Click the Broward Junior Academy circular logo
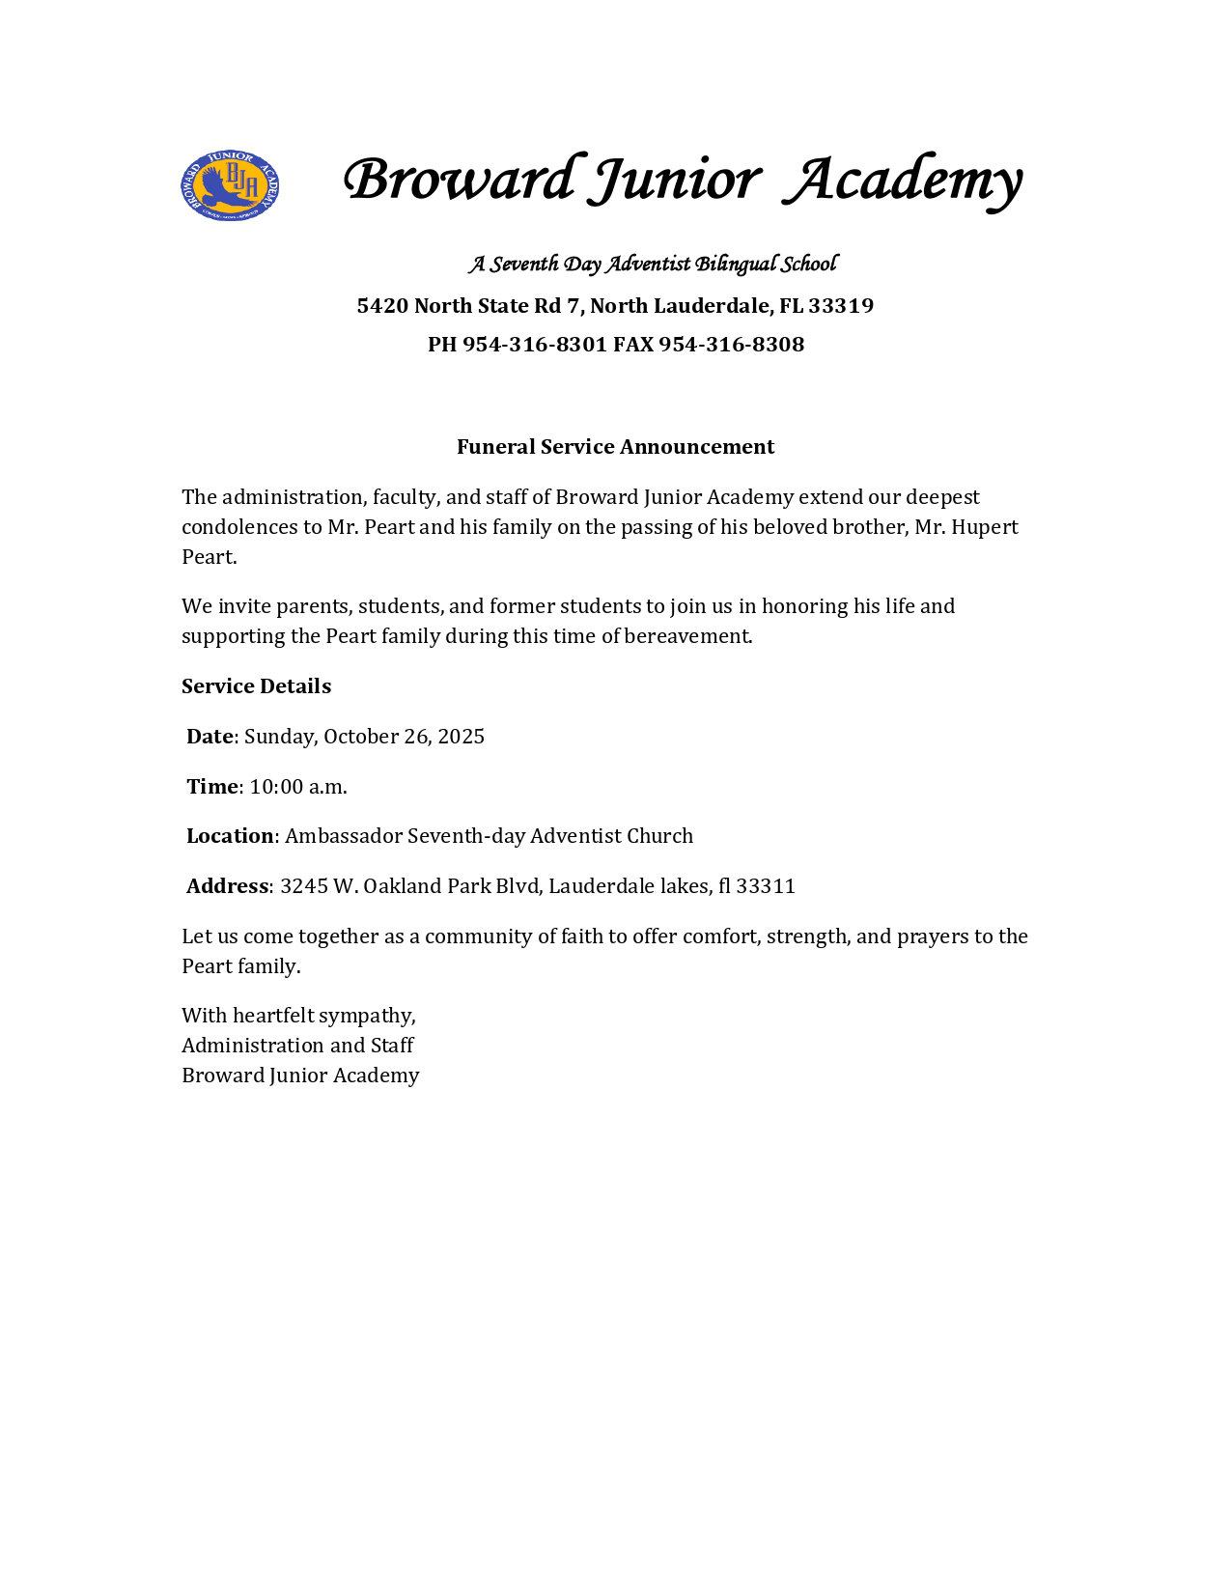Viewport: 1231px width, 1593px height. pos(230,185)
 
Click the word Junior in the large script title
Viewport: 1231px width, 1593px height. pos(676,181)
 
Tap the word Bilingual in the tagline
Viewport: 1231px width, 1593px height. pos(736,265)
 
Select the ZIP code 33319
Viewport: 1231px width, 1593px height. pos(841,306)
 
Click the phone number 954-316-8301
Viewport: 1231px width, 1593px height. pos(534,345)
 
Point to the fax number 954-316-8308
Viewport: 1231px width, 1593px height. pos(731,345)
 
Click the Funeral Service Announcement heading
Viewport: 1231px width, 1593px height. pos(615,447)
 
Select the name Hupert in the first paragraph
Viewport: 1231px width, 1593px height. pos(985,527)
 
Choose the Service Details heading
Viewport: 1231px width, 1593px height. pos(256,686)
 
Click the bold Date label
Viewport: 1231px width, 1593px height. pos(210,737)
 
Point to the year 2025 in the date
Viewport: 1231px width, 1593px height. pos(461,737)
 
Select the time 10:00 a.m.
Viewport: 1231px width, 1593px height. pos(298,787)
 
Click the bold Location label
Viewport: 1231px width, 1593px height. pos(230,836)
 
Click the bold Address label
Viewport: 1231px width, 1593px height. pos(227,886)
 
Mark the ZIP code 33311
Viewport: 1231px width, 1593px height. pos(766,886)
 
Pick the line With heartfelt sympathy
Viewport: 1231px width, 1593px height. pos(298,1016)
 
